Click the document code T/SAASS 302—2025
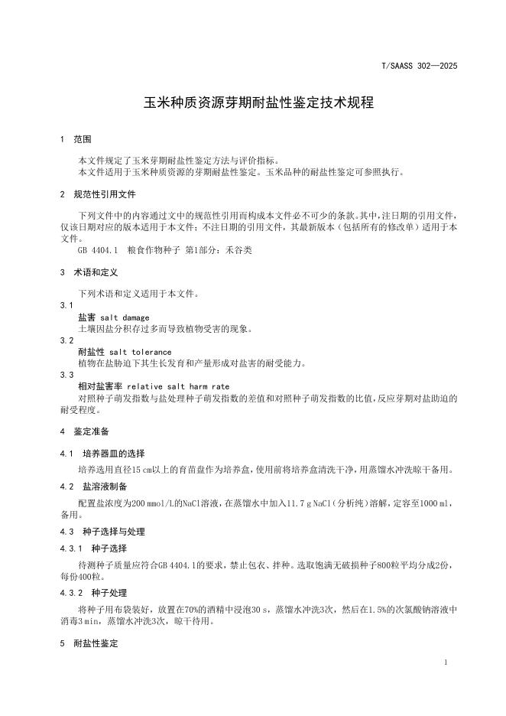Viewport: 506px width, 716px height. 419,67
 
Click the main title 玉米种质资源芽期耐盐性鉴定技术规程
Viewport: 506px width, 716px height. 259,103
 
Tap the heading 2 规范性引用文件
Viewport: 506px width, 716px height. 97,194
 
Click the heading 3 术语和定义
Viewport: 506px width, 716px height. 89,272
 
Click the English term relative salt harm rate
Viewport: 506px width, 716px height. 178,386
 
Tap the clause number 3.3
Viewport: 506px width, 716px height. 66,375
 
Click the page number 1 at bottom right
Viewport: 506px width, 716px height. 445,662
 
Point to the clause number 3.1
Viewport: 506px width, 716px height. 66,305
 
